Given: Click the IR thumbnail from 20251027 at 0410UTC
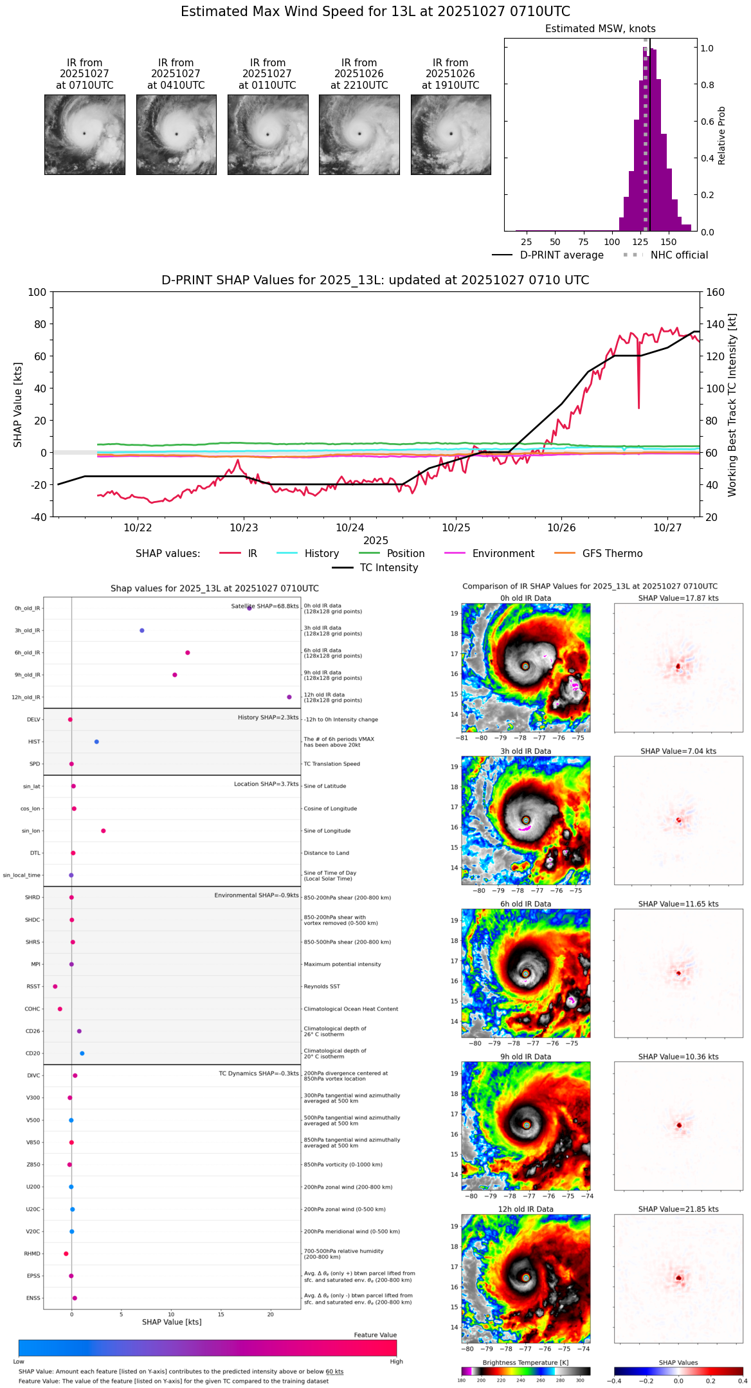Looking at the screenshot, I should pyautogui.click(x=176, y=134).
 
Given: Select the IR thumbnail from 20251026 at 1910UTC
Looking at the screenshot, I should pyautogui.click(x=451, y=134).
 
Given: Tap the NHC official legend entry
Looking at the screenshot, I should pyautogui.click(x=679, y=255).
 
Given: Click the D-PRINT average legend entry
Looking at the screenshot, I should pyautogui.click(x=561, y=255).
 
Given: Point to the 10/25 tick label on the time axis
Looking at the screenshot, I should pyautogui.click(x=456, y=528).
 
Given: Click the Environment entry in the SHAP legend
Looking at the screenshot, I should pyautogui.click(x=503, y=554).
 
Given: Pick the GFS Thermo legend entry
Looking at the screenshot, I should pyautogui.click(x=612, y=554).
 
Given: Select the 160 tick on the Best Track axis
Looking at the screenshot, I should pyautogui.click(x=715, y=293).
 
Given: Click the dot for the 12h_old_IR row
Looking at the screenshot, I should pyautogui.click(x=289, y=697).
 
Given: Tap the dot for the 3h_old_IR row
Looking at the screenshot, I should pyautogui.click(x=142, y=630).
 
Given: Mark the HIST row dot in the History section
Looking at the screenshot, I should pyautogui.click(x=96, y=742).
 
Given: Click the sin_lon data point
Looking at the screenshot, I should pyautogui.click(x=104, y=831).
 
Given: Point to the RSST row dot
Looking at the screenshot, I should pyautogui.click(x=55, y=987).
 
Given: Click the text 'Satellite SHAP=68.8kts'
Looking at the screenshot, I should pyautogui.click(x=265, y=607).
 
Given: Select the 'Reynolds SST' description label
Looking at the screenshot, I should pyautogui.click(x=322, y=987).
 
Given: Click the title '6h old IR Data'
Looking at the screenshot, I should pyautogui.click(x=525, y=904).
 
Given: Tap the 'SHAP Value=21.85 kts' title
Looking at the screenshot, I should pyautogui.click(x=678, y=1209).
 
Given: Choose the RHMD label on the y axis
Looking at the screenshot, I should pyautogui.click(x=32, y=1254).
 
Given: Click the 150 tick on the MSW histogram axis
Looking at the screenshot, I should pyautogui.click(x=669, y=242).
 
